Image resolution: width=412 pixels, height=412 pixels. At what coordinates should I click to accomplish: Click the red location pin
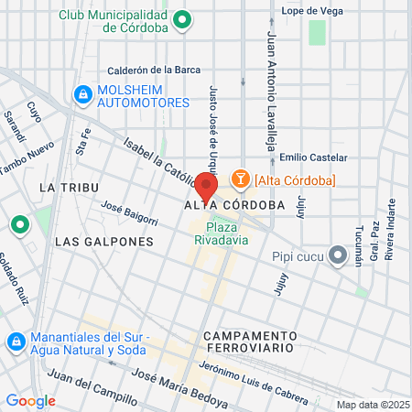tap(206, 187)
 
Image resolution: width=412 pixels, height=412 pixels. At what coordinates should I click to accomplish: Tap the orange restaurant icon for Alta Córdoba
tap(240, 179)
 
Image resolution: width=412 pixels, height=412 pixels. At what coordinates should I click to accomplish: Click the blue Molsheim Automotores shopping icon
tap(83, 93)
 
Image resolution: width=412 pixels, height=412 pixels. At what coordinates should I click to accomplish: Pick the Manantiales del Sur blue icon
tap(16, 342)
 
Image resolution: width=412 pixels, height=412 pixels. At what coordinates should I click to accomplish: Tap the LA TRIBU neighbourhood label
tap(61, 186)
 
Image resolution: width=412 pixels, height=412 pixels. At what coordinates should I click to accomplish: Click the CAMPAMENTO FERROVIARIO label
tap(250, 342)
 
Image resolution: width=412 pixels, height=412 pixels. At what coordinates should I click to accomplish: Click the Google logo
tap(30, 400)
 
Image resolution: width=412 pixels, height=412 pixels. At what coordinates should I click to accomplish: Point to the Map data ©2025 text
tap(372, 405)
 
